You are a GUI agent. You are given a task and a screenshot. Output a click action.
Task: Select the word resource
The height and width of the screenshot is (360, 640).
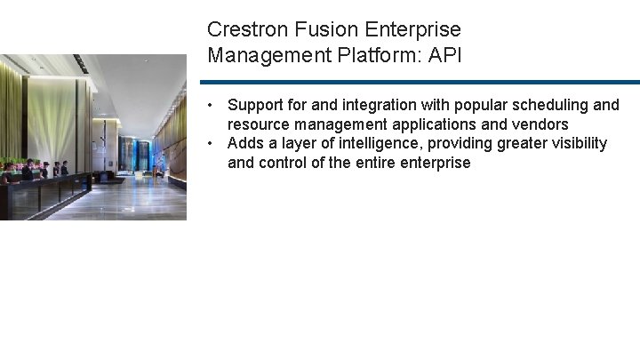[x=258, y=124]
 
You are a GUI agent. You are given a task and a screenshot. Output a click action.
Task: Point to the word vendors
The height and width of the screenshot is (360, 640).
[x=539, y=124]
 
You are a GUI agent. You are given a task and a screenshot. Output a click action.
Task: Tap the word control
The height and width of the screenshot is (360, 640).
[x=284, y=163]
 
